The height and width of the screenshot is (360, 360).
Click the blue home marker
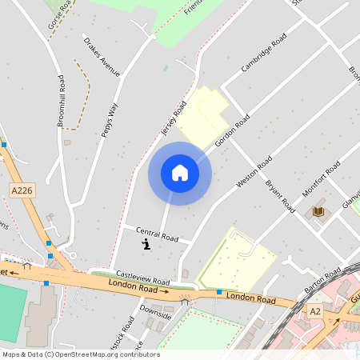[x=180, y=173]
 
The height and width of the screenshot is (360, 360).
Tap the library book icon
[x=318, y=211]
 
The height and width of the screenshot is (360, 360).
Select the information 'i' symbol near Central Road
[x=146, y=245]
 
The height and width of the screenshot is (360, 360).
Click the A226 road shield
[x=22, y=190]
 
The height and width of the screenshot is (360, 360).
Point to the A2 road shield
[x=315, y=310]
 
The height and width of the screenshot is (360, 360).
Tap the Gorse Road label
[x=60, y=14]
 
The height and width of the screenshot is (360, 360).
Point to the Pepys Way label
[x=110, y=120]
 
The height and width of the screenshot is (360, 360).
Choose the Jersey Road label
[x=174, y=118]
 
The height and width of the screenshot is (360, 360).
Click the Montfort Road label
[x=320, y=178]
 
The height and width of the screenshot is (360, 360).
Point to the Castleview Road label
[x=142, y=277]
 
